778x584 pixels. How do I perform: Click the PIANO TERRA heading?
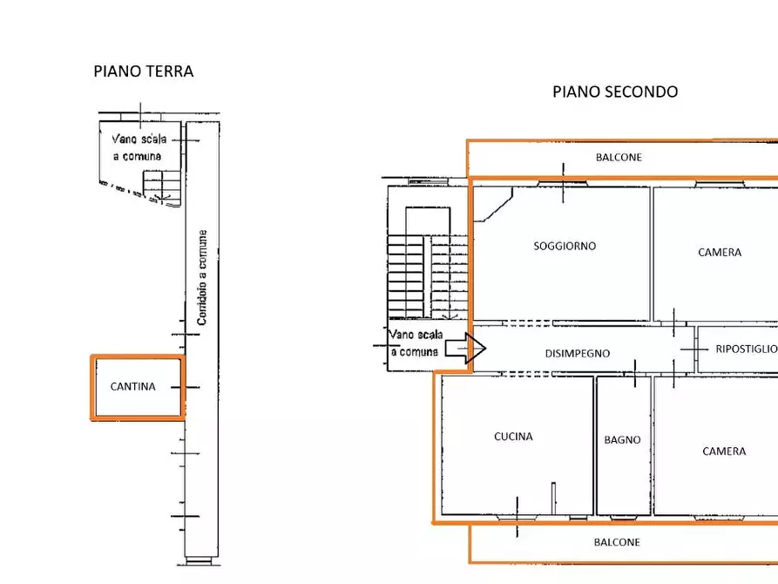click(144, 71)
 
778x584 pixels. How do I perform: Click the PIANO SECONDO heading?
click(615, 92)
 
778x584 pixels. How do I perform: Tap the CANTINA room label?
click(133, 386)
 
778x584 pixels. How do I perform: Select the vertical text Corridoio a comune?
click(202, 277)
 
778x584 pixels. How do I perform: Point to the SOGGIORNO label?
click(565, 246)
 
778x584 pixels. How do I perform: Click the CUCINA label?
click(513, 437)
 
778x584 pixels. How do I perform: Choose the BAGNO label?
click(622, 439)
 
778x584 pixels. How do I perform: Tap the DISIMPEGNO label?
click(578, 354)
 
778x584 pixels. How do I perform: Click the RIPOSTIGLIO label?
click(747, 350)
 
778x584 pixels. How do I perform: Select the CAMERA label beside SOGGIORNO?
click(720, 252)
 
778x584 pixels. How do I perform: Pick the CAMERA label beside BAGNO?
click(724, 451)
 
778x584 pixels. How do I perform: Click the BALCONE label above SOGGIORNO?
click(619, 158)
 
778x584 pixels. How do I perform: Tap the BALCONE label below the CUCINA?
click(617, 542)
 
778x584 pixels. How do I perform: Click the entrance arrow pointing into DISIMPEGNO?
click(465, 348)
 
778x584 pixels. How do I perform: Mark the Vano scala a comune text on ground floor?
click(139, 147)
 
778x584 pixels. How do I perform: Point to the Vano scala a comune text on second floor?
click(416, 343)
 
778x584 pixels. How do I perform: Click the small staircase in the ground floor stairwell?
click(162, 187)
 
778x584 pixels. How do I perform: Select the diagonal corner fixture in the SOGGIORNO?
click(493, 204)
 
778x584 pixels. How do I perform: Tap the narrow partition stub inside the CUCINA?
click(554, 498)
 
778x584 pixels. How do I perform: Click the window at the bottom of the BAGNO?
click(624, 518)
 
